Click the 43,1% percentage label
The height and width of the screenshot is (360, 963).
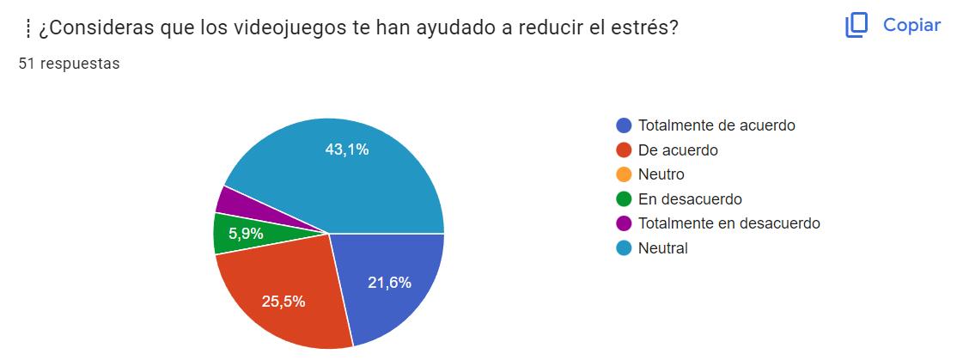[347, 149]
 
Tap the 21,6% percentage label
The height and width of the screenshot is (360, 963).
[389, 283]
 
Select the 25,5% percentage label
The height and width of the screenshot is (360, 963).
[283, 302]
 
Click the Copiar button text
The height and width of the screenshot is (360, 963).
[911, 25]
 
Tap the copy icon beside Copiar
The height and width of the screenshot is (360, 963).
[856, 26]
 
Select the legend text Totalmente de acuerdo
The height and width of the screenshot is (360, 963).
[716, 125]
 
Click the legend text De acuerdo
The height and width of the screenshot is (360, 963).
[678, 150]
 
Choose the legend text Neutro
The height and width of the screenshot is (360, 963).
[661, 174]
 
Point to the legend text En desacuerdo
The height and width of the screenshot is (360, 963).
[690, 199]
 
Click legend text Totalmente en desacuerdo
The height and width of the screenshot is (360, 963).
[728, 223]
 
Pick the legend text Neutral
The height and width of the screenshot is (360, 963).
[663, 248]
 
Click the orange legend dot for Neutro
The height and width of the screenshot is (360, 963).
[624, 174]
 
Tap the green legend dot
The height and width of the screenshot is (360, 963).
[624, 199]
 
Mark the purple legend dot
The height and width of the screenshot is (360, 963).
[624, 223]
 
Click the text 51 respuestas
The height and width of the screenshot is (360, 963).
[69, 64]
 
